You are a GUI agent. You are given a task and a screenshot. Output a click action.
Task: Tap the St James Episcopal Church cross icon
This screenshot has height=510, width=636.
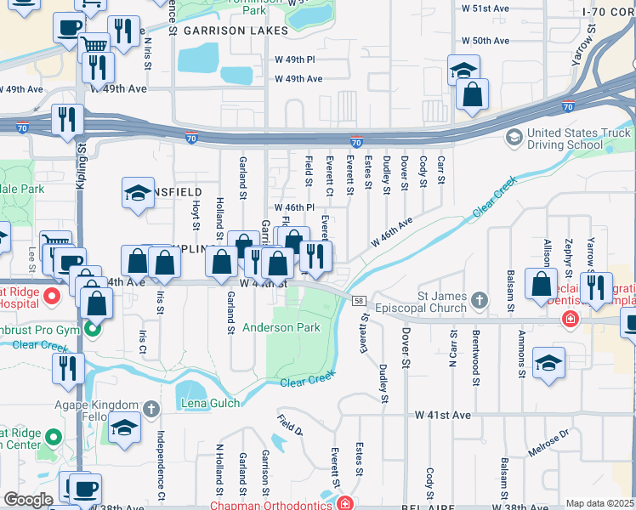[480, 299]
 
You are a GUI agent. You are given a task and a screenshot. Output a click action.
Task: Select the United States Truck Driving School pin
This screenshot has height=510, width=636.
[514, 136]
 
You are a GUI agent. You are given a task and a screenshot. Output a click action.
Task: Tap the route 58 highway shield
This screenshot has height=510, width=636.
[360, 302]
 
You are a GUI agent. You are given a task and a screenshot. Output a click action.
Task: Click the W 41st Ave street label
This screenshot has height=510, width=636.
[443, 415]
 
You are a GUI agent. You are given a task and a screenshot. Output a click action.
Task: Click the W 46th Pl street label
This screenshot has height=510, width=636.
[294, 207]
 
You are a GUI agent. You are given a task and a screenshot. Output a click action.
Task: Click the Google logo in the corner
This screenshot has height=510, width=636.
[28, 500]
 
